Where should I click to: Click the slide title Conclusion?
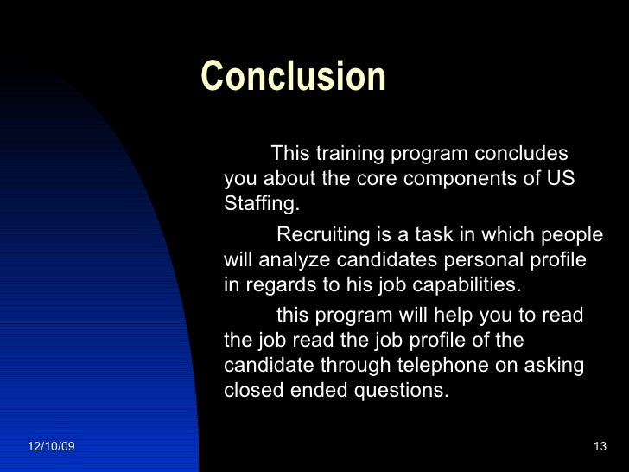pyautogui.click(x=293, y=77)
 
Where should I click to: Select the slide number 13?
pyautogui.click(x=600, y=446)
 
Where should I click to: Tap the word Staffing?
pyautogui.click(x=262, y=205)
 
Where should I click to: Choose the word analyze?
pyautogui.click(x=290, y=260)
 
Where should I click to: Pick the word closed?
pyautogui.click(x=251, y=391)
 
